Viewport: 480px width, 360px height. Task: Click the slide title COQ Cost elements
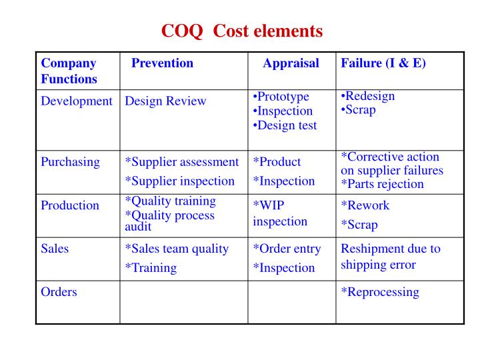(242, 31)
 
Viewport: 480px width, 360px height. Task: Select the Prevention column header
(162, 64)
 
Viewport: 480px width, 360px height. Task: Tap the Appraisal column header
(291, 64)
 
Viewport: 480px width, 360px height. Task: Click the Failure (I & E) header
(383, 64)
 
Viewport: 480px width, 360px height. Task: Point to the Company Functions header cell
(69, 71)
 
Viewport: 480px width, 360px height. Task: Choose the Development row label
(77, 101)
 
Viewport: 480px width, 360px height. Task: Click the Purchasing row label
(71, 161)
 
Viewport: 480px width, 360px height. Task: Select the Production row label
(70, 205)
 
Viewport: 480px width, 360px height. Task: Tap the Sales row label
(55, 249)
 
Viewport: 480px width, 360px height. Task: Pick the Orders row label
(59, 292)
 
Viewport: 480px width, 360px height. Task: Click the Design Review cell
(166, 101)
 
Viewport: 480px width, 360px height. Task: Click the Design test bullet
(285, 125)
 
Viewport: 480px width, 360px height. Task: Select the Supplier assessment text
(182, 161)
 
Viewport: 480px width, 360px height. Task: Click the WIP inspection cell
(280, 213)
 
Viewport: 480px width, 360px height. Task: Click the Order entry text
(287, 249)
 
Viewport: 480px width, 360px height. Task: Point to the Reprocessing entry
(380, 292)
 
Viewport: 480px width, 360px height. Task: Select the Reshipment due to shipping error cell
(390, 257)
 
